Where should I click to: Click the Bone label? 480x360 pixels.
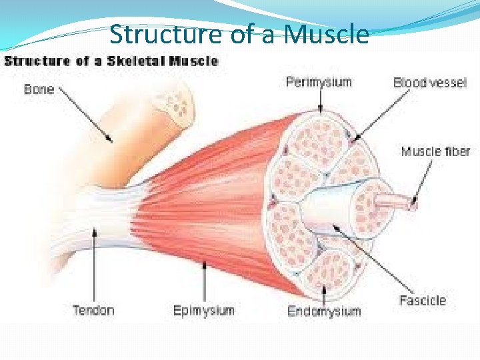39,89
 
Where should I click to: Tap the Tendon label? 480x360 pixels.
93,310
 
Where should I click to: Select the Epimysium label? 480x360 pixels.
204,310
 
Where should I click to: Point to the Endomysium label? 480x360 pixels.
324,311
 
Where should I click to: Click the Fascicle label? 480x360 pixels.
422,300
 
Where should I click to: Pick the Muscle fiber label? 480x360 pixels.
435,151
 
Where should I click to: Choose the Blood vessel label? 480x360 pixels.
430,83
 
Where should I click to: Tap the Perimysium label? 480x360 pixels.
319,83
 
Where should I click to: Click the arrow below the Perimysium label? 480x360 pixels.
320,101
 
